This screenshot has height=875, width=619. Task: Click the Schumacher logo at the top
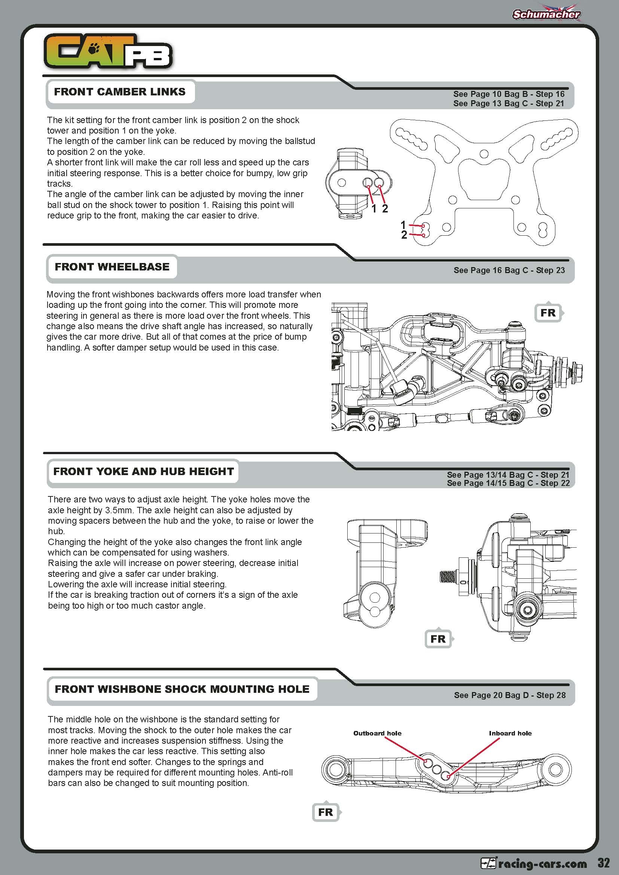click(546, 14)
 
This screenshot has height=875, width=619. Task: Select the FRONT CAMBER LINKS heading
click(120, 92)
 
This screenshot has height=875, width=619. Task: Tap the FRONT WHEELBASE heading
click(112, 267)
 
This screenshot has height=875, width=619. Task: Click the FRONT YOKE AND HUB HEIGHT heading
click(143, 471)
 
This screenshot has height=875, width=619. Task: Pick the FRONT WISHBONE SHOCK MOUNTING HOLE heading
click(182, 689)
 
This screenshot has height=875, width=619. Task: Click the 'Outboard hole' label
click(377, 733)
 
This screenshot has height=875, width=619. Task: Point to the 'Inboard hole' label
click(510, 733)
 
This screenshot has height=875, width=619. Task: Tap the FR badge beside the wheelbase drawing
click(548, 313)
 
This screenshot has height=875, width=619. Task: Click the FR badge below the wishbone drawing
click(326, 812)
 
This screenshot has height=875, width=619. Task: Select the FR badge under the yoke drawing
click(438, 639)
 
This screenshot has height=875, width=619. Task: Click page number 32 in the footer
click(604, 862)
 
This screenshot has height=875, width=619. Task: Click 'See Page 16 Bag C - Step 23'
click(509, 270)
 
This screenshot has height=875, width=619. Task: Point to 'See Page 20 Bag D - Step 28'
click(510, 695)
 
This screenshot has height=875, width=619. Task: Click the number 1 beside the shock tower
click(403, 225)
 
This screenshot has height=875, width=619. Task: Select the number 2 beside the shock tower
click(404, 235)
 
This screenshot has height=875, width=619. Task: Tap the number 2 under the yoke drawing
click(385, 209)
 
